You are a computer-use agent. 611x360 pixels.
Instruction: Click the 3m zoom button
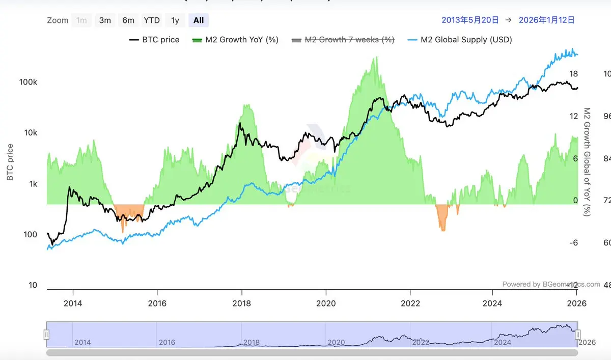point(105,20)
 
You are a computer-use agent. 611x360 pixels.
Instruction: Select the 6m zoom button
point(128,20)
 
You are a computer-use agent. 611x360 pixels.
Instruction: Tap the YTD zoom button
point(152,20)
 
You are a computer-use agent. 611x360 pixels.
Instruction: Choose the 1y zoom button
point(175,20)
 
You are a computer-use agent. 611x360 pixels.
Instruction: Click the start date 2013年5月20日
point(470,20)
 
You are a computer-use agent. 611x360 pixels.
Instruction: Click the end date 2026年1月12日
point(546,20)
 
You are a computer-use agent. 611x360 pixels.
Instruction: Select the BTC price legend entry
point(155,40)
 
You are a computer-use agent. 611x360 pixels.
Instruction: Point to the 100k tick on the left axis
point(29,82)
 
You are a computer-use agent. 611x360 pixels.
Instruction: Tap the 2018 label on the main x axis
point(241,303)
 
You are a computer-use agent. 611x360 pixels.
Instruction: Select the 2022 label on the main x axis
point(410,303)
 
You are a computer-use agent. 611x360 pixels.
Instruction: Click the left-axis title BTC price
point(10,162)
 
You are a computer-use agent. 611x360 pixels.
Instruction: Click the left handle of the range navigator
point(46,335)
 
